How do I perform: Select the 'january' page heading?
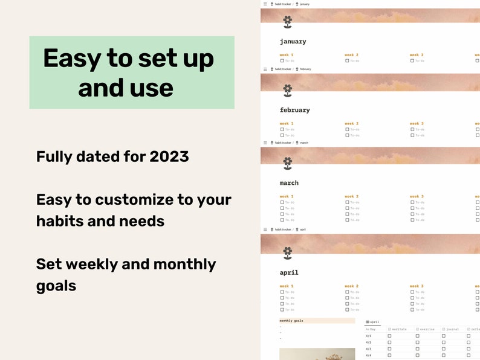pyautogui.click(x=293, y=42)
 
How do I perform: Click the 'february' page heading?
pyautogui.click(x=294, y=110)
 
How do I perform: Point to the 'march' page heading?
pyautogui.click(x=289, y=183)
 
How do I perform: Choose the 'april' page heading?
pyautogui.click(x=289, y=272)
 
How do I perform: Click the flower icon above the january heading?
pyautogui.click(x=288, y=22)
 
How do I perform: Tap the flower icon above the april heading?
pyautogui.click(x=288, y=252)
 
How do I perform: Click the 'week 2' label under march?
pyautogui.click(x=351, y=196)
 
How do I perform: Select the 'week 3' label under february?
pyautogui.click(x=416, y=123)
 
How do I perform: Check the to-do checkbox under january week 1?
pyautogui.click(x=282, y=60)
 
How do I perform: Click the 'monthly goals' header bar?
pyautogui.click(x=317, y=321)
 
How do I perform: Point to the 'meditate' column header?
pyautogui.click(x=399, y=329)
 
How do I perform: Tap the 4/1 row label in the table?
pyautogui.click(x=369, y=336)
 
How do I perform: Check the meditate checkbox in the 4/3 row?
pyautogui.click(x=389, y=349)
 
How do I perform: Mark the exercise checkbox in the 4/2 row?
pyautogui.click(x=417, y=342)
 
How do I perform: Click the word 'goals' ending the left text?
pyautogui.click(x=56, y=286)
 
